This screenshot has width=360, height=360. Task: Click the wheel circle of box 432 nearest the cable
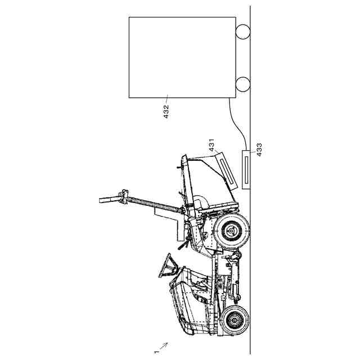tap(242, 84)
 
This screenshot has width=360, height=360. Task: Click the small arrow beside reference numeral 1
tap(164, 345)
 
